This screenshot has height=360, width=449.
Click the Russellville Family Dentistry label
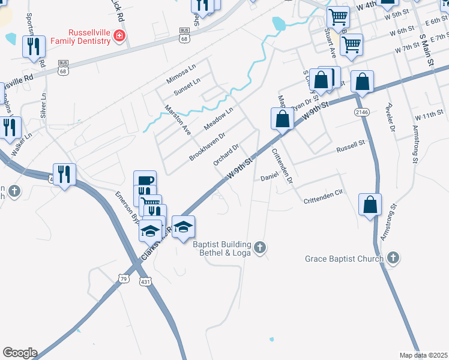tap(80, 37)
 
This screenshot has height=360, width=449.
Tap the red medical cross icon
tap(119, 37)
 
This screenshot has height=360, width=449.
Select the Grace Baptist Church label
tap(344, 259)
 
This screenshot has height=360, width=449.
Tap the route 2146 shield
tap(361, 112)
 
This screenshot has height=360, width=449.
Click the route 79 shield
tap(124, 278)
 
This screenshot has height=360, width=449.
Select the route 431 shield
tap(145, 281)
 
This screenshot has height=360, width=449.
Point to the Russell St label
tap(351, 146)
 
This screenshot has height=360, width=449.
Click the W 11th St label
tap(428, 115)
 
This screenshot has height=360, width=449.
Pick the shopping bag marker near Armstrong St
tap(370, 205)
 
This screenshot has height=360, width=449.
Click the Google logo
tap(20, 353)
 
